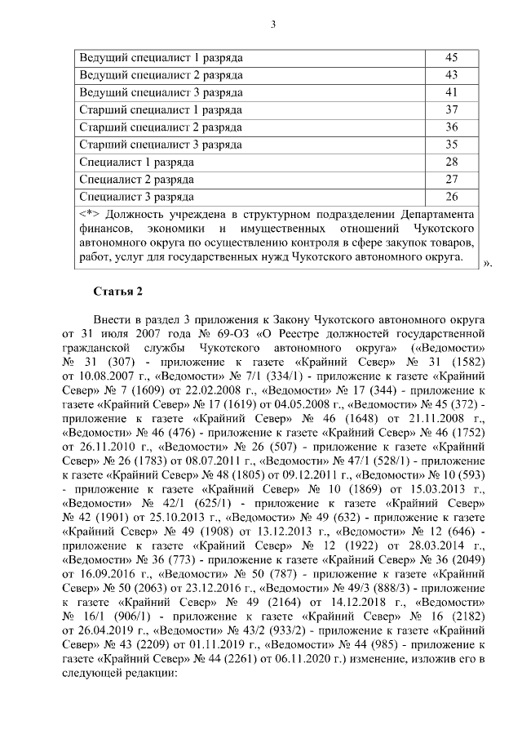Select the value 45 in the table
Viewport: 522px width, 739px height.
click(x=451, y=58)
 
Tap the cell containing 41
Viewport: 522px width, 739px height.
click(x=451, y=92)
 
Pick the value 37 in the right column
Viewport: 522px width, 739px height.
click(x=451, y=109)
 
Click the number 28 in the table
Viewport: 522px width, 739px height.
click(x=451, y=162)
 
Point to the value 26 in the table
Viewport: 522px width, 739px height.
click(x=451, y=197)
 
